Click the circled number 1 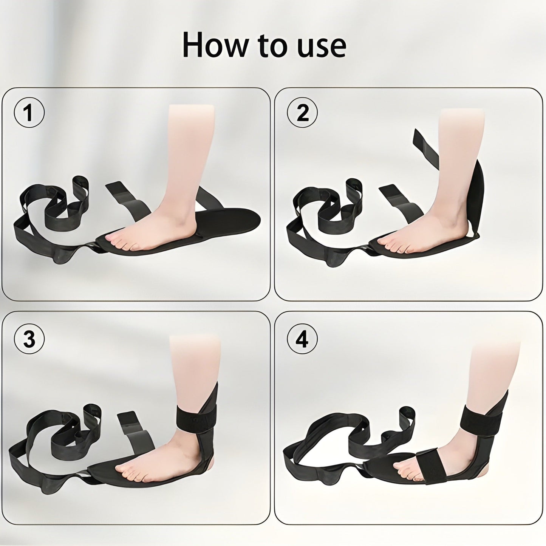(29, 113)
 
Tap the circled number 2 (302, 113)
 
